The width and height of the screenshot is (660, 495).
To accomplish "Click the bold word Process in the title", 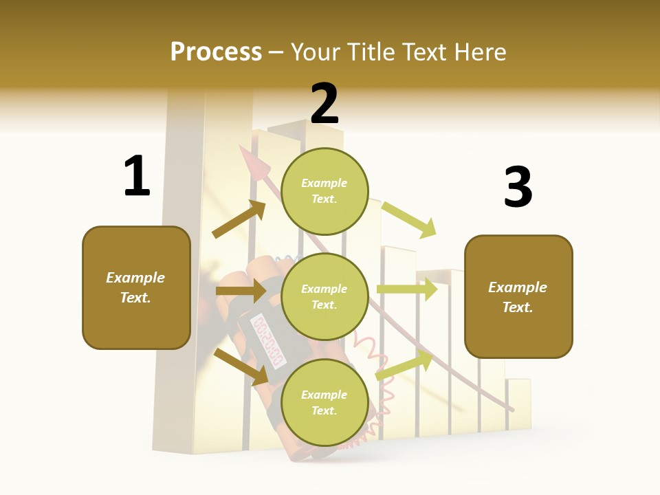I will click(216, 52).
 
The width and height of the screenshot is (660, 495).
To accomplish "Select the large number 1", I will click(137, 176).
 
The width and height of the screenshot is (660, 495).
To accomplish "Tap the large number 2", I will click(324, 104).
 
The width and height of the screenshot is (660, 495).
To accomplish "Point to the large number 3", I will click(518, 187).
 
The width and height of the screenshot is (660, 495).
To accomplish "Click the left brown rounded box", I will click(136, 287).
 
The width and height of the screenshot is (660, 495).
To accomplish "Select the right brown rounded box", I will click(518, 297).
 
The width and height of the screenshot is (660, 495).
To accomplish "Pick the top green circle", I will click(324, 191).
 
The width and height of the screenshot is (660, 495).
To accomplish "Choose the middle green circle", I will click(324, 296).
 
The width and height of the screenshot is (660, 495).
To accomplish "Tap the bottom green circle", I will click(324, 402).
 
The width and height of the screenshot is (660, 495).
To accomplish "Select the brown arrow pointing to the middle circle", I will click(241, 291).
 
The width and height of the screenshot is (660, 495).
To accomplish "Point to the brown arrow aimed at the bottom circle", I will click(241, 366).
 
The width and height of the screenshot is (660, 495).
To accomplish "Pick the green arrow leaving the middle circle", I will click(407, 289).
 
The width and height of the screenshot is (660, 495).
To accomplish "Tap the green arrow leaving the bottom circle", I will click(405, 365).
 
